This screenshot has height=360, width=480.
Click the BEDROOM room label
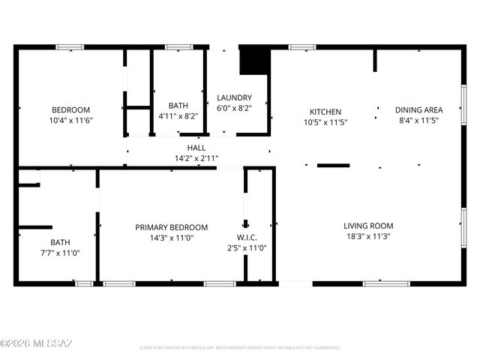tap(71, 109)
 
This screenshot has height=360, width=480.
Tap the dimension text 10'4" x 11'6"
tap(71, 120)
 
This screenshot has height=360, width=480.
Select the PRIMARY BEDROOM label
tap(171, 227)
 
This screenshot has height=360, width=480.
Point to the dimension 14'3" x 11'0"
tap(171, 238)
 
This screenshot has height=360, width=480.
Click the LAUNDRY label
tap(234, 97)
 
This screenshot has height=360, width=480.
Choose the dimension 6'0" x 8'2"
tap(234, 108)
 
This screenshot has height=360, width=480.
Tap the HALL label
tap(196, 148)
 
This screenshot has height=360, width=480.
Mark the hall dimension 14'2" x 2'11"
tap(196, 158)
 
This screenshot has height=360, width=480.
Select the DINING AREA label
tap(418, 109)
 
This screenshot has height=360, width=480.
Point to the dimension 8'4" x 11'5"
tap(418, 120)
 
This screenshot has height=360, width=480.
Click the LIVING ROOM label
tap(368, 226)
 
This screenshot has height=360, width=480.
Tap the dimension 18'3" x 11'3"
tap(368, 236)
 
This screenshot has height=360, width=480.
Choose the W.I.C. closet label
tap(247, 238)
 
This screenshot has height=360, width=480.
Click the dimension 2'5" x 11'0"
tap(247, 248)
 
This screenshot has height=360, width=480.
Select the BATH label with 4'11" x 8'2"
tap(178, 106)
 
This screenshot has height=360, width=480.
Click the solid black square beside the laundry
tap(253, 61)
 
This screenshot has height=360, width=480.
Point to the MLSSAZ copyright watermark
tap(36, 343)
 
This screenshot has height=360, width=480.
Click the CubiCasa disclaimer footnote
tap(240, 348)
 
